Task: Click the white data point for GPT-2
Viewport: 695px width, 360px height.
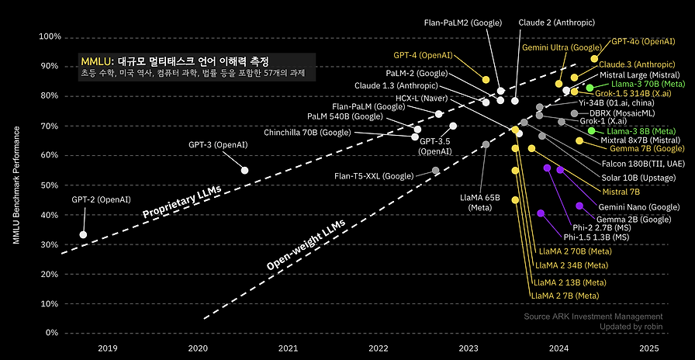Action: (83, 234)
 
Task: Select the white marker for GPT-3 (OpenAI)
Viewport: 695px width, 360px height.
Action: (245, 170)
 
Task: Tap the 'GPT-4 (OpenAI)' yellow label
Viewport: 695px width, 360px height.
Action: (423, 56)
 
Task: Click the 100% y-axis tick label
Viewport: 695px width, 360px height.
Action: (49, 36)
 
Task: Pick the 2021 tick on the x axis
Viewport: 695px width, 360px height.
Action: (288, 348)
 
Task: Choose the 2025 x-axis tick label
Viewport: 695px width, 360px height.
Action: (649, 348)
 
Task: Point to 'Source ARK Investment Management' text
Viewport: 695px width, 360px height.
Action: (593, 317)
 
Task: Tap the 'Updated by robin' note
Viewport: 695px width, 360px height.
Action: (631, 327)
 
